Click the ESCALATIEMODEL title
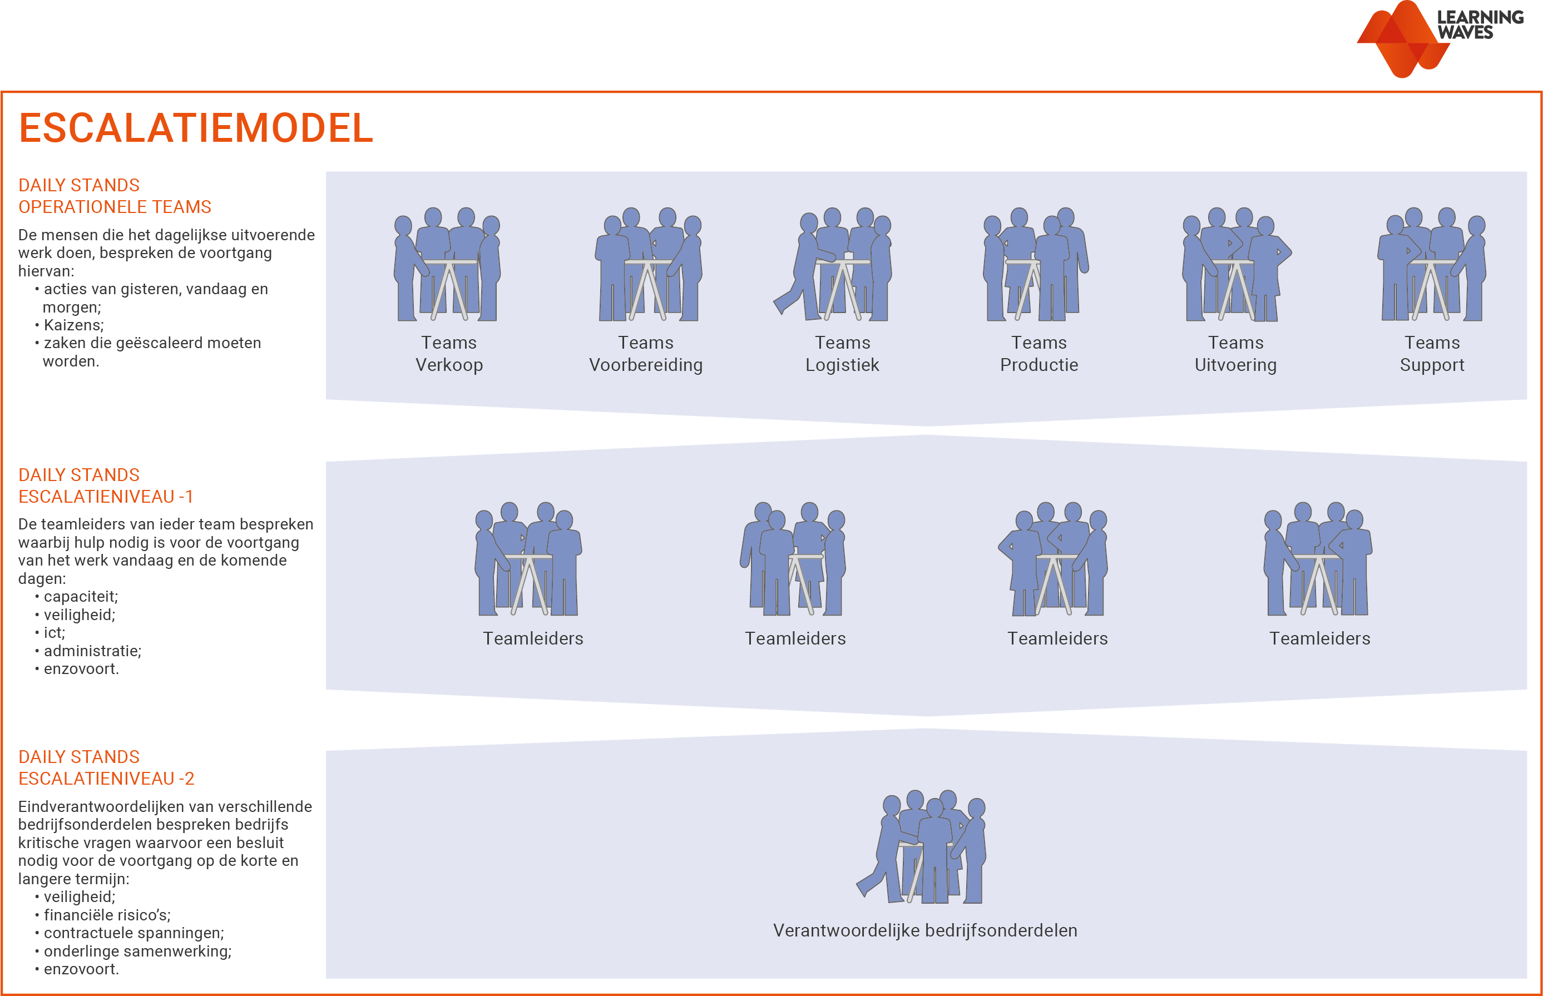(196, 128)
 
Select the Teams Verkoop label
(449, 354)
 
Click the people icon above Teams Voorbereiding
(648, 265)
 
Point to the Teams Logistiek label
(842, 354)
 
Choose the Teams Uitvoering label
(1235, 354)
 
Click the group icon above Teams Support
(1432, 265)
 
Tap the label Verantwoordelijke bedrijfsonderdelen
(925, 930)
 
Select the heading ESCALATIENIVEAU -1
(106, 497)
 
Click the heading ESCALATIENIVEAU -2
(106, 779)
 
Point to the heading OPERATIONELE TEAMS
(115, 207)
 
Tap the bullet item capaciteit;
(81, 596)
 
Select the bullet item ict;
(55, 632)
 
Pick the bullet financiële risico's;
(107, 914)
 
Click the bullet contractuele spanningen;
(134, 933)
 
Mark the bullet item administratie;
(92, 651)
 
